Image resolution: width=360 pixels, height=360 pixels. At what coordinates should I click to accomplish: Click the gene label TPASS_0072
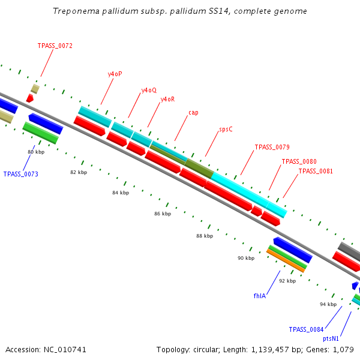click(x=55, y=46)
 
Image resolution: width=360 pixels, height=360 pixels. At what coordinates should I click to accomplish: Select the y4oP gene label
click(x=115, y=74)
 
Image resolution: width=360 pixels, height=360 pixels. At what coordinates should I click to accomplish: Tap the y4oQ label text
click(x=149, y=90)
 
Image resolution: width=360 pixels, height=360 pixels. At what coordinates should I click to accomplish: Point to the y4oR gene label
click(x=167, y=99)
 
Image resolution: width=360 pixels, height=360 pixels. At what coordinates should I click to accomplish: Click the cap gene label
click(x=193, y=112)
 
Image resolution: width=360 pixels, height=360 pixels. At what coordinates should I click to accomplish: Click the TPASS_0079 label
click(x=272, y=147)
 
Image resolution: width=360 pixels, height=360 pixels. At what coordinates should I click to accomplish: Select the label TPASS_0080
click(x=299, y=161)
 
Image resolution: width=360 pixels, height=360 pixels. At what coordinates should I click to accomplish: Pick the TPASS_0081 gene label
click(x=316, y=171)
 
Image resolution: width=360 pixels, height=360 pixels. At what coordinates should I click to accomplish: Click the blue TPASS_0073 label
click(x=21, y=174)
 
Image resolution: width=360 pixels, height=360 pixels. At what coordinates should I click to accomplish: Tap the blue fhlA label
click(x=260, y=296)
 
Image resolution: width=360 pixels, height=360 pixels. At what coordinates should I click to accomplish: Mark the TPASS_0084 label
click(x=306, y=329)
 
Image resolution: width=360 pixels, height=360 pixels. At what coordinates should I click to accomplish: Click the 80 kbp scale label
click(x=36, y=152)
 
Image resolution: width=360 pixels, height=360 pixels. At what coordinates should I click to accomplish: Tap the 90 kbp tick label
click(x=246, y=258)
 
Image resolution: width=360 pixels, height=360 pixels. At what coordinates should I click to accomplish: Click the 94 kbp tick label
click(x=328, y=304)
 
